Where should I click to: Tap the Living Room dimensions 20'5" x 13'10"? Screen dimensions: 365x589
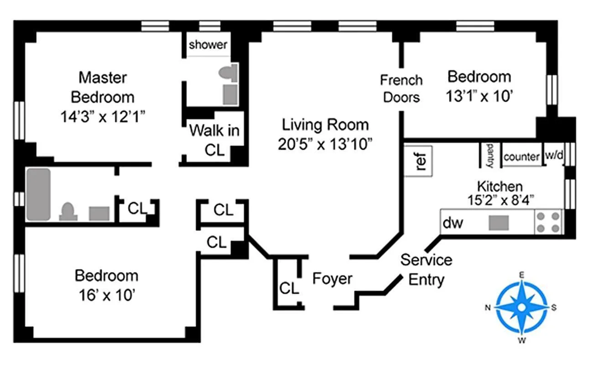click(325, 144)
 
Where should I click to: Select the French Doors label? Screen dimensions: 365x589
click(401, 89)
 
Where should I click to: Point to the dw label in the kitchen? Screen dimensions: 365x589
click(453, 223)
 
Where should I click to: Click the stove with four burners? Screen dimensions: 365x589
click(549, 222)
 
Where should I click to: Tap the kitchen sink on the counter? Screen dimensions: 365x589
click(499, 223)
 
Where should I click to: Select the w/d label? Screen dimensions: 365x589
click(554, 156)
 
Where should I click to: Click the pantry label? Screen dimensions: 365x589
click(490, 155)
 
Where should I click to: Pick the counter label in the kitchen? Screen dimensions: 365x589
click(521, 157)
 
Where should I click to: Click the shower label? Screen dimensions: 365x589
click(208, 45)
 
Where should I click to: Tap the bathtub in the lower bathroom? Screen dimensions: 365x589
click(39, 194)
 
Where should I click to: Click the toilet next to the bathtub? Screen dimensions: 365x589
click(68, 212)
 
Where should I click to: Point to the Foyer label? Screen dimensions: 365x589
click(332, 278)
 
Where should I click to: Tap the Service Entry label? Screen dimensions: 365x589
click(426, 269)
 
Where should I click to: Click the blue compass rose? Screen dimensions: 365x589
click(521, 307)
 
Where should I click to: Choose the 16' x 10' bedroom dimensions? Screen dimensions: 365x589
click(106, 295)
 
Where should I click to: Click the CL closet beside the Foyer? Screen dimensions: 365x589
click(289, 288)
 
